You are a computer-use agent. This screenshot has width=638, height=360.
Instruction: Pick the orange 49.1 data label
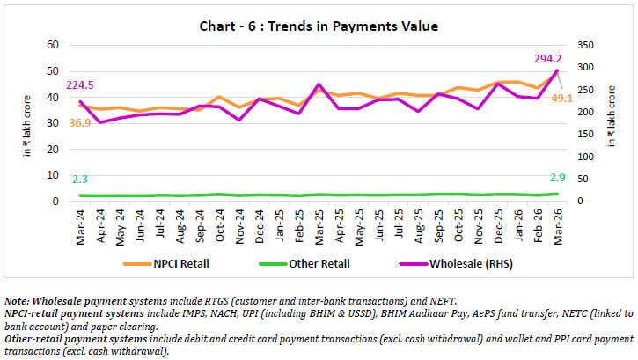pos(563,98)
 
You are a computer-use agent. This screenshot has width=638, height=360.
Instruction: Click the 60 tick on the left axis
pos(52,45)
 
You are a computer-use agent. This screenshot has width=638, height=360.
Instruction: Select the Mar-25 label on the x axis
pos(319,227)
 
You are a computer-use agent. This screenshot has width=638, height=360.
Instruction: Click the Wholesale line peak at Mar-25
pos(319,84)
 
